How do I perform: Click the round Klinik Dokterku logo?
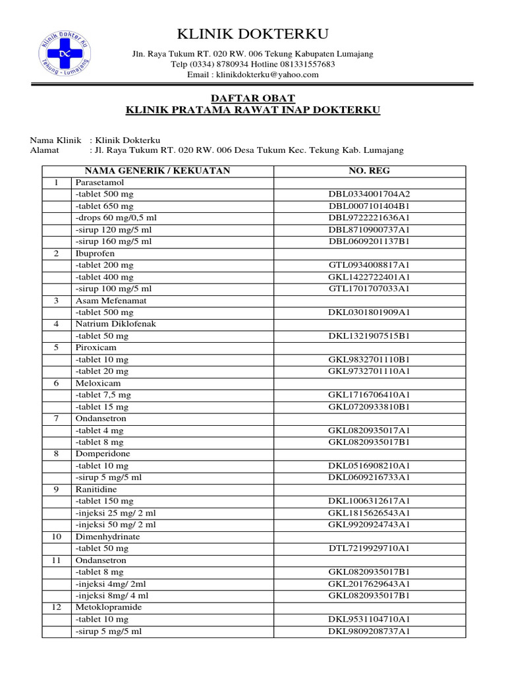coord(63,53)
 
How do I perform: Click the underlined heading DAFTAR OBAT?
coord(253,98)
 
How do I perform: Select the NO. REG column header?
coord(369,171)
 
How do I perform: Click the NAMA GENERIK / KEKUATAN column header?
coord(157,171)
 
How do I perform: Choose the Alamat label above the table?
coord(45,150)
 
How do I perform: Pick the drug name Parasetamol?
coord(99,183)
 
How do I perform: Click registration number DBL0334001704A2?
coord(369,194)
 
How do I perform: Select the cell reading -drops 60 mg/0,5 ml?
coord(116,218)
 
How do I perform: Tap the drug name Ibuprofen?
coord(95,253)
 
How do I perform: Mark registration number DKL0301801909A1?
coord(369,312)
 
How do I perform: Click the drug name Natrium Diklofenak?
coord(116,324)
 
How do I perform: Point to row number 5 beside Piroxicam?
coord(57,347)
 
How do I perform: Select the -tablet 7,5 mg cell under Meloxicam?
coord(103,395)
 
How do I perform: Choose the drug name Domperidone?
coord(103,454)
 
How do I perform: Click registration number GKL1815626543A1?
coord(369,513)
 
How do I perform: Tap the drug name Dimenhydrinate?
coord(107,537)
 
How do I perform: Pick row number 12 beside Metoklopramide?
coord(57,607)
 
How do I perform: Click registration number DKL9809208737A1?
coord(369,631)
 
